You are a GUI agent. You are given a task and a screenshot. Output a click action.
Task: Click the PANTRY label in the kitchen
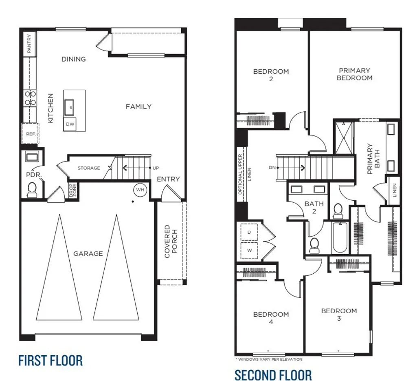coord(29,44)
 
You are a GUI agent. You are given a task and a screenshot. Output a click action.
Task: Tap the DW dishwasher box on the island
coord(70,124)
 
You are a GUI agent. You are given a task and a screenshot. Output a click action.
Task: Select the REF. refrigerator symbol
coord(29,133)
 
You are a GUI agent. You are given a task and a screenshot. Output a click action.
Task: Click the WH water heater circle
coord(140,190)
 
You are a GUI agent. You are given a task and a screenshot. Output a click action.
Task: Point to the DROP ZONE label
coord(73,191)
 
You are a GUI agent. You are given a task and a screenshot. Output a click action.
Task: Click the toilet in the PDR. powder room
coord(32,189)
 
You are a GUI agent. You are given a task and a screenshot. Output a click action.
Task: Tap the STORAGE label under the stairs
coord(89,168)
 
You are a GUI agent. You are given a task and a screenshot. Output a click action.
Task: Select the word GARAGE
coord(88,254)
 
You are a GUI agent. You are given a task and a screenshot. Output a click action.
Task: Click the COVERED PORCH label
coord(171,241)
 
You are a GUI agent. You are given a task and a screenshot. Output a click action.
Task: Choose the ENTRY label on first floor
coord(168,179)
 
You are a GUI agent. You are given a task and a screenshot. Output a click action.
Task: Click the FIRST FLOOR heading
coord(50,361)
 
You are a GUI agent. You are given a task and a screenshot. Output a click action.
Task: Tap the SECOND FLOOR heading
coord(273,374)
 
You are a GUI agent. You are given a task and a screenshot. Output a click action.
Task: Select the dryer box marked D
coord(249,232)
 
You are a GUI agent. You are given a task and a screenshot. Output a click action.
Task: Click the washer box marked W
coord(249,250)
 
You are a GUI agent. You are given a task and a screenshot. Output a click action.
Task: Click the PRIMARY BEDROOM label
coord(354,74)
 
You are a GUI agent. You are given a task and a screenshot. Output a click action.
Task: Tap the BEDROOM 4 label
coord(271,318)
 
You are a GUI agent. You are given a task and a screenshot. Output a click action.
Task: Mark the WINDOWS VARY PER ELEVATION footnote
coord(269,359)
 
